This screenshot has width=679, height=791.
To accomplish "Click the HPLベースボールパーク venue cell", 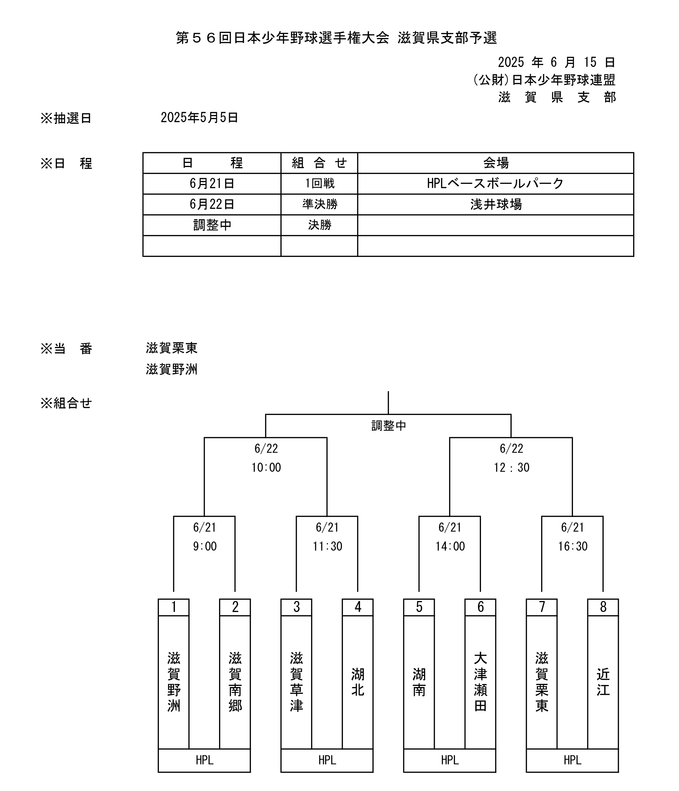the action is pyautogui.click(x=495, y=184).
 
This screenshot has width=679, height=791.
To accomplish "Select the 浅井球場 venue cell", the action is pyautogui.click(x=495, y=204).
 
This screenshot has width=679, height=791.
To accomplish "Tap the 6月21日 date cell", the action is pyautogui.click(x=212, y=184).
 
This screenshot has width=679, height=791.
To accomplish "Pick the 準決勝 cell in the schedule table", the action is pyautogui.click(x=320, y=204).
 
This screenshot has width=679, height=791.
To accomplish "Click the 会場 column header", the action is pyautogui.click(x=495, y=163).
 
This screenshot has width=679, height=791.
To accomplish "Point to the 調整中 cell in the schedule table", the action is pyautogui.click(x=212, y=225).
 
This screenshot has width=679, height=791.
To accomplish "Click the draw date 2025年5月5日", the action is pyautogui.click(x=199, y=118).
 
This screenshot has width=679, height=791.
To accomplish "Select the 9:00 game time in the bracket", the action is pyautogui.click(x=205, y=546).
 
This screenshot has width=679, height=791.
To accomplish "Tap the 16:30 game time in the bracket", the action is pyautogui.click(x=572, y=546).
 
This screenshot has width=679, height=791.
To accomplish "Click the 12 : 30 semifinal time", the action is pyautogui.click(x=511, y=467).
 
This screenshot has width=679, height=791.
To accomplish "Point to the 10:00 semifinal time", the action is pyautogui.click(x=266, y=467).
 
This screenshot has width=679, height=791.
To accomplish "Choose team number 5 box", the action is pyautogui.click(x=419, y=607).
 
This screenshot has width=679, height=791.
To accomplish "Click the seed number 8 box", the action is pyautogui.click(x=603, y=607).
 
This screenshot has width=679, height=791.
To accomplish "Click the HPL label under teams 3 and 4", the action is pyautogui.click(x=327, y=760).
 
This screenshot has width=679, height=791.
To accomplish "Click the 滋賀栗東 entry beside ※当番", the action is pyautogui.click(x=171, y=348).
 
